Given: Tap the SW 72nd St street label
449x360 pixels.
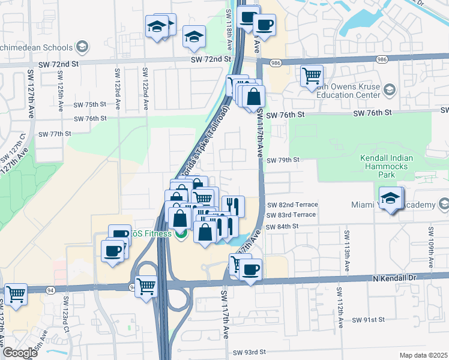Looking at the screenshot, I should tap(211, 59).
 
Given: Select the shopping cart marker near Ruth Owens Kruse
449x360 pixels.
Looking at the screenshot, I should tap(312, 76).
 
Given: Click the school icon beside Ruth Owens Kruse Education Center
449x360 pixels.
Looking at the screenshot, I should tap(390, 90).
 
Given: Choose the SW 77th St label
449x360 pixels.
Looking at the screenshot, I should tap(55, 134).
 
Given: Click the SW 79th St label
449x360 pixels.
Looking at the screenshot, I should tap(283, 160).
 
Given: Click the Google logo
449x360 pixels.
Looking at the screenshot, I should tap(20, 353).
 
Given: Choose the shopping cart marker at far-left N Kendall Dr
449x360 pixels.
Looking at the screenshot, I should tap(16, 294).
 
